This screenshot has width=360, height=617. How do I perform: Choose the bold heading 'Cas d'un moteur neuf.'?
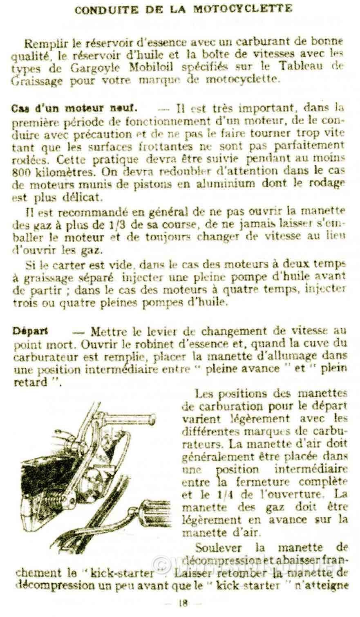75,109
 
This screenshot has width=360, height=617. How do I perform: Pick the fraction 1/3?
135,224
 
